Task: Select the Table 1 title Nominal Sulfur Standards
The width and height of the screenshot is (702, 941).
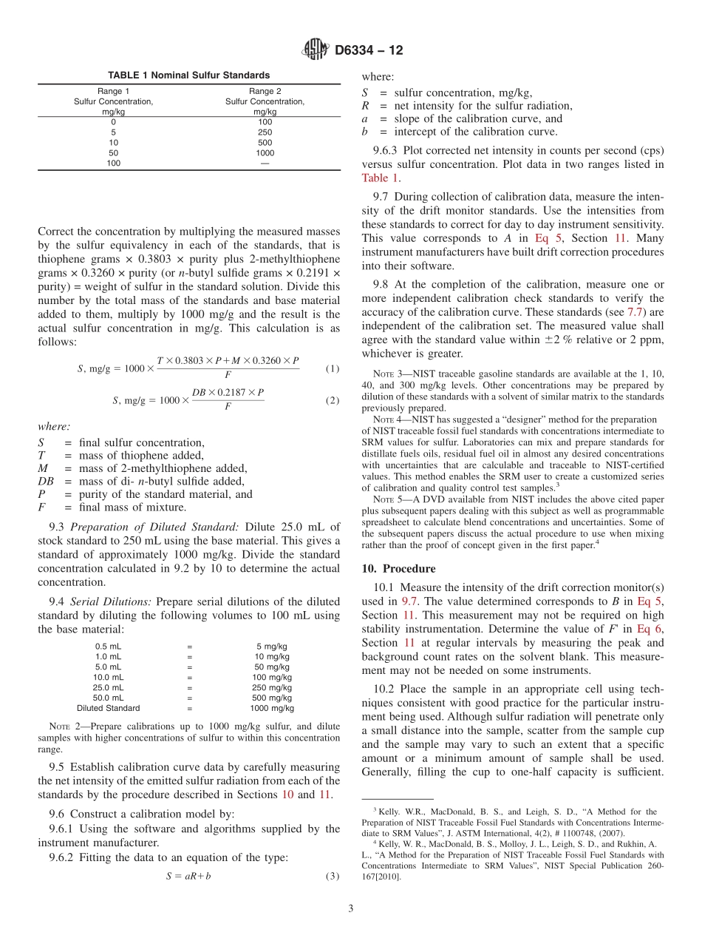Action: coord(188,75)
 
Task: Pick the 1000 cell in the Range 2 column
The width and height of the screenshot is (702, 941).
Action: coord(265,153)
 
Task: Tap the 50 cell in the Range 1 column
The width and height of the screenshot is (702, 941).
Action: coord(113,153)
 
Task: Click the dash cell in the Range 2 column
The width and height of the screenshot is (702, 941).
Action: coord(265,163)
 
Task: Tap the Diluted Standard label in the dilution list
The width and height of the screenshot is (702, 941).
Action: coord(109,708)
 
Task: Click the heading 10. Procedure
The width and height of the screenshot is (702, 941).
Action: coord(398,568)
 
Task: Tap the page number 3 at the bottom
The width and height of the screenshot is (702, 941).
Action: coord(351,908)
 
